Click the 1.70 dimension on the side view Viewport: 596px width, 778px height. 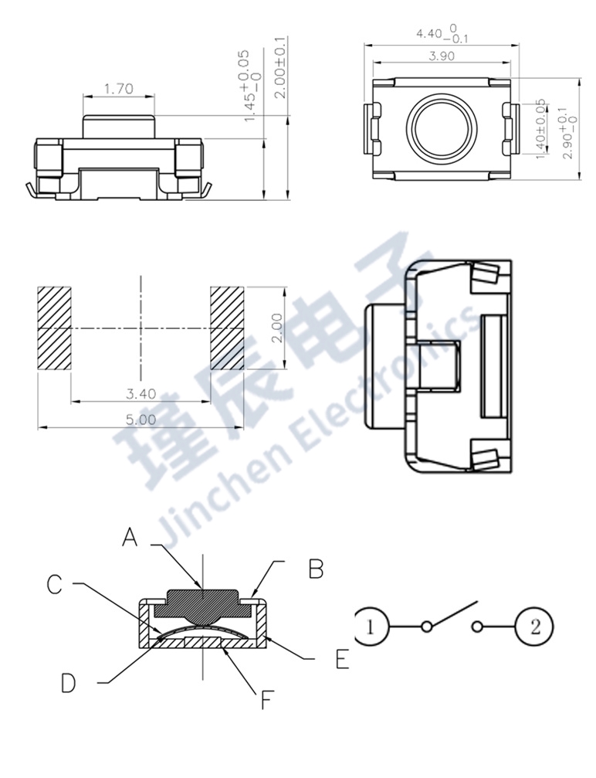coord(119,89)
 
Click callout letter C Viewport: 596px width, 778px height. coord(54,585)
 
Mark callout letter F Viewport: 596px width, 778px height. coord(266,701)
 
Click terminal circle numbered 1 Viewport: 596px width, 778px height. coord(371,627)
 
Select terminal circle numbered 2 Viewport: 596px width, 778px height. coord(535,627)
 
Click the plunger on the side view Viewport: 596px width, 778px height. coord(119,127)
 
